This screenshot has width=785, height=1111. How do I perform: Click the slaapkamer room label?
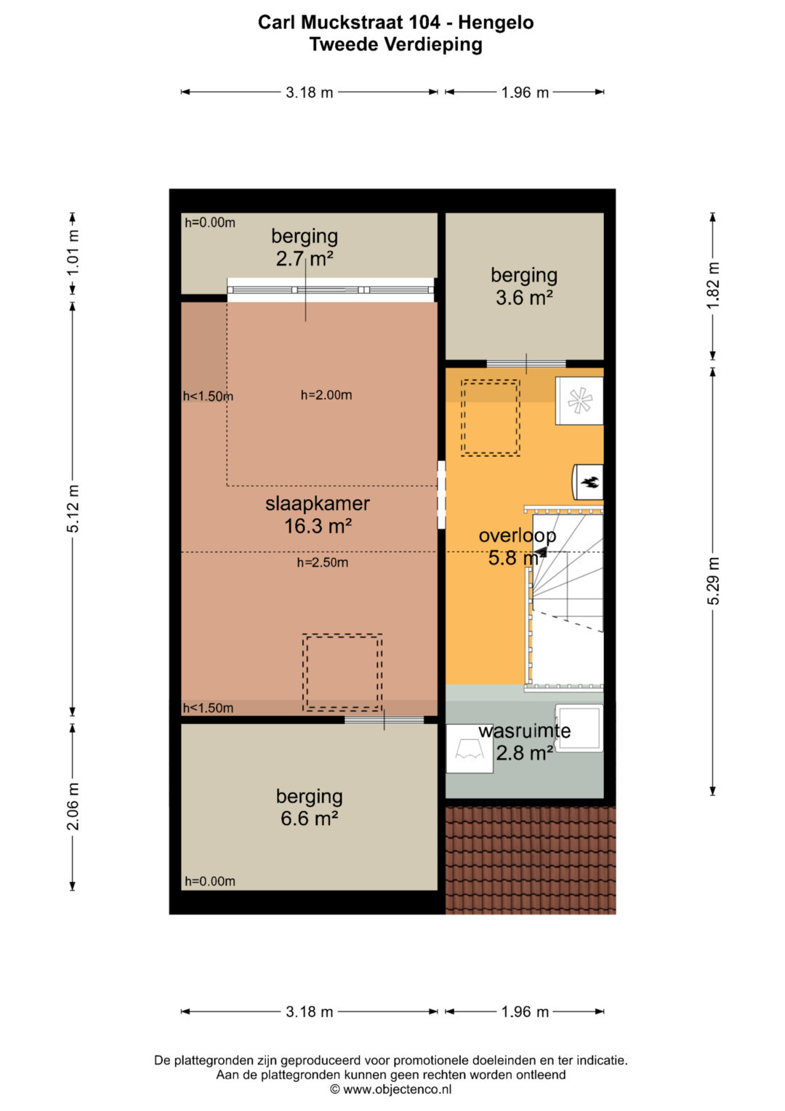pyautogui.click(x=317, y=503)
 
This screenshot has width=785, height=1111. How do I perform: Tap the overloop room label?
pyautogui.click(x=517, y=535)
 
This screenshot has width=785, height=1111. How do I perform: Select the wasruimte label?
pyautogui.click(x=524, y=730)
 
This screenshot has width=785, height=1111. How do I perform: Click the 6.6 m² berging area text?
pyautogui.click(x=309, y=818)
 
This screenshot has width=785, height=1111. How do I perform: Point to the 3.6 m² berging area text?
pyautogui.click(x=524, y=298)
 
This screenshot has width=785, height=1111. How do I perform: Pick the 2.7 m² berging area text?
pyautogui.click(x=305, y=258)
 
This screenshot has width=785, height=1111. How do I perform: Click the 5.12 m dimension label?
pyautogui.click(x=73, y=509)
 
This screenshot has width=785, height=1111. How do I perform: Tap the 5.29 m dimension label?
pyautogui.click(x=713, y=581)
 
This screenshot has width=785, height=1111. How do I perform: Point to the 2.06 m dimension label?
pyautogui.click(x=73, y=806)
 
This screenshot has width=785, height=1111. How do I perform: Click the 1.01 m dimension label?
pyautogui.click(x=73, y=252)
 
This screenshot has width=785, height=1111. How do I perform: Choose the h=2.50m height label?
pyautogui.click(x=323, y=562)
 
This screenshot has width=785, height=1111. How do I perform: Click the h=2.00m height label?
pyautogui.click(x=326, y=395)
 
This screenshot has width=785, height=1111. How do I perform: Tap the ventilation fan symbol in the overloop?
pyautogui.click(x=579, y=400)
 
